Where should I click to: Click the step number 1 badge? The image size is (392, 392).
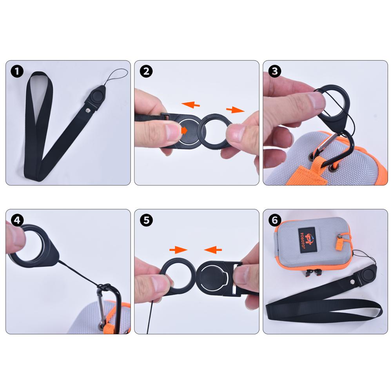click(17, 71)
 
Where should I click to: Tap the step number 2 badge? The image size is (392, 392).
click(146, 71)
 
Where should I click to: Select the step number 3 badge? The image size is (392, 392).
click(274, 71)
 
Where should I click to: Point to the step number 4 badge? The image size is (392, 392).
click(17, 220)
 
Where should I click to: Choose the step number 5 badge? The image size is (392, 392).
click(146, 220)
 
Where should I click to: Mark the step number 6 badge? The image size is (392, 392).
click(274, 220)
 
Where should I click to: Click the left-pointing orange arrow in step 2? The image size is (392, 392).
click(191, 104)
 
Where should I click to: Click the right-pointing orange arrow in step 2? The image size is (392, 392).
click(235, 109)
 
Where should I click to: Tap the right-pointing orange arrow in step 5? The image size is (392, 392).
click(178, 249)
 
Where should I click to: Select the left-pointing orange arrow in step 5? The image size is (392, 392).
click(213, 249)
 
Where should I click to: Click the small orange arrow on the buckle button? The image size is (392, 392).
click(184, 130)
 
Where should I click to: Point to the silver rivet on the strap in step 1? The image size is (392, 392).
click(88, 110)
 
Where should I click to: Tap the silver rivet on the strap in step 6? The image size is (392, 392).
click(352, 282)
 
